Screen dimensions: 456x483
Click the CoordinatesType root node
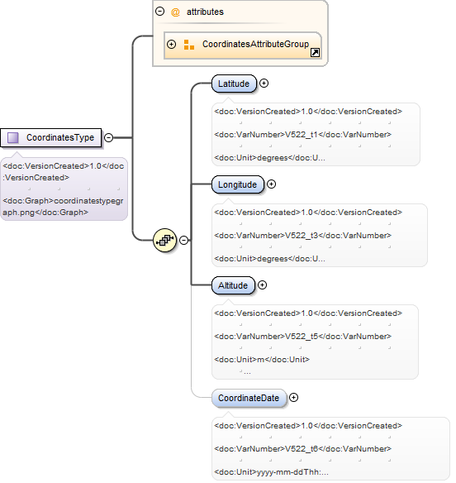tap(50, 137)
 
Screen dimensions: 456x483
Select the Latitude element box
tap(234, 84)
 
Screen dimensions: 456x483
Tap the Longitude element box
tap(238, 184)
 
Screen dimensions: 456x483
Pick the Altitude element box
tap(233, 285)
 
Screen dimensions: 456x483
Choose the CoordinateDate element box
tap(249, 398)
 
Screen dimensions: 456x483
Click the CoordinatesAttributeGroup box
tap(243, 45)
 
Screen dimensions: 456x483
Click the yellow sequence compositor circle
tap(165, 241)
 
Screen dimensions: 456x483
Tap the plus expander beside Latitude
tap(264, 84)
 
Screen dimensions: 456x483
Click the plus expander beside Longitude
tap(272, 184)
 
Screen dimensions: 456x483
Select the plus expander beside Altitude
tap(262, 285)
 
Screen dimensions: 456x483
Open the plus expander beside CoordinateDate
tap(294, 398)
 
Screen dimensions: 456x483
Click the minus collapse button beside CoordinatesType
tap(108, 137)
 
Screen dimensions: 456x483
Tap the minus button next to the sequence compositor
tap(184, 241)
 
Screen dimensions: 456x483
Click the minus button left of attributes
tap(160, 12)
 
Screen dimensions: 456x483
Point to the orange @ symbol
tap(175, 12)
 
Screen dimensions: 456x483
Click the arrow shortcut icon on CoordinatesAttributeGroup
tap(315, 53)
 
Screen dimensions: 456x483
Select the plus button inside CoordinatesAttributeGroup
tap(171, 45)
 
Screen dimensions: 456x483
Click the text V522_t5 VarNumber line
tap(303, 337)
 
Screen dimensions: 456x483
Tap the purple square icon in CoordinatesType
tap(13, 137)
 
